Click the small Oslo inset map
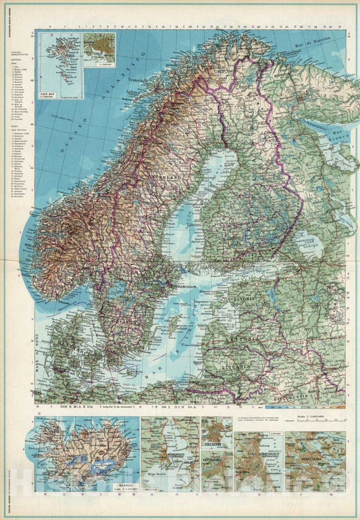(99, 49)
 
